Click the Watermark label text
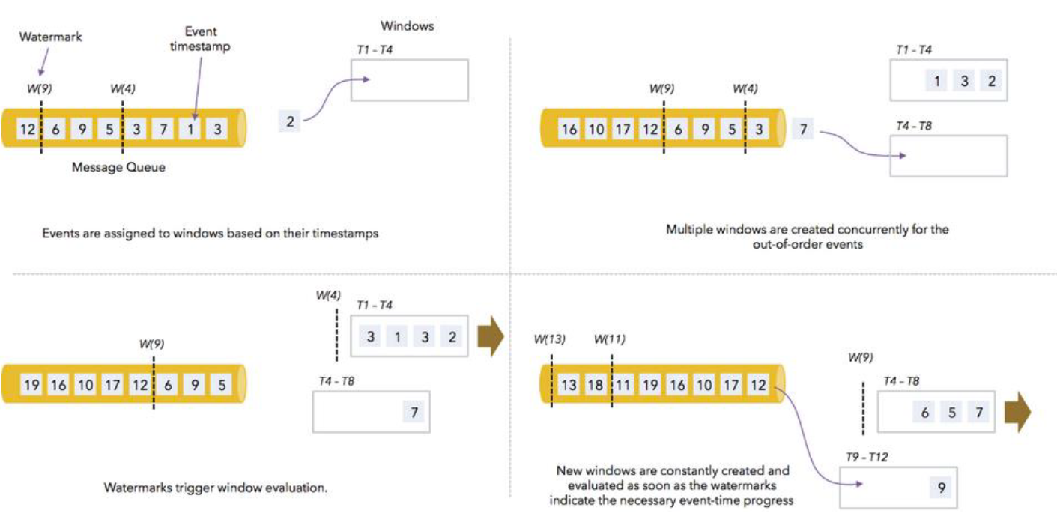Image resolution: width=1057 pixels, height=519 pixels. (50, 37)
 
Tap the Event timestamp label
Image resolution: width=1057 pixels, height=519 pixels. (200, 39)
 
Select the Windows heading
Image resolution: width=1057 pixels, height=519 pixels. (408, 26)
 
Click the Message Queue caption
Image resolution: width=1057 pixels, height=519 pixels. (118, 167)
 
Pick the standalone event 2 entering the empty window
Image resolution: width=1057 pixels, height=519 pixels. (290, 121)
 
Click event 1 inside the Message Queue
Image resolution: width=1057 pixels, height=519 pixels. (190, 129)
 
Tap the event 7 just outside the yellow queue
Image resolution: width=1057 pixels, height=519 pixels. (802, 128)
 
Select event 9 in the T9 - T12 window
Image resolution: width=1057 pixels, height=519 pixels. (942, 488)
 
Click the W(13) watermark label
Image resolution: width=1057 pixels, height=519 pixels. (549, 339)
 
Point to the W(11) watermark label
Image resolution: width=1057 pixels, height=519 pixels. (609, 339)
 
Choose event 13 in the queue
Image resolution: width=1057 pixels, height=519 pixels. (569, 385)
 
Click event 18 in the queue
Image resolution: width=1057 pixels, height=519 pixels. (595, 385)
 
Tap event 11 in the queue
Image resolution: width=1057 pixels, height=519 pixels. (623, 385)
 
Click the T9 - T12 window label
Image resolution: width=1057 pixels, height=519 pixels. (867, 457)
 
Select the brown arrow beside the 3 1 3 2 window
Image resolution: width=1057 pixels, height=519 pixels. (491, 336)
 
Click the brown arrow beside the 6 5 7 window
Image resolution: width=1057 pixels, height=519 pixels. (1018, 412)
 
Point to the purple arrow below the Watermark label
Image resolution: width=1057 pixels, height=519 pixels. (44, 62)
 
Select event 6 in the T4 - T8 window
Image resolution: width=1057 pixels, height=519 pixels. (924, 413)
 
